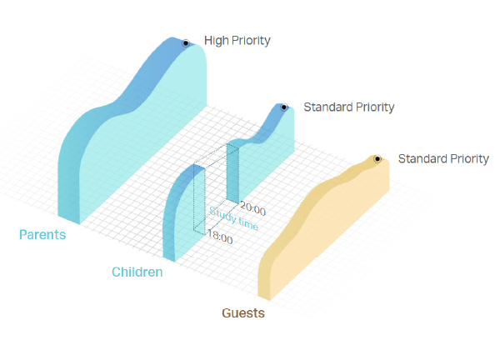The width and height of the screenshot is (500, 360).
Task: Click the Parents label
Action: [42, 234]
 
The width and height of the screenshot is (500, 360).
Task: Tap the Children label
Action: [137, 272]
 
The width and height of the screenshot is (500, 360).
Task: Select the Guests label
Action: [243, 312]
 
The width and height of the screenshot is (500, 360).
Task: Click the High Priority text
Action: [237, 41]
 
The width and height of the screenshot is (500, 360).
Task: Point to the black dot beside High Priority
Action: [186, 43]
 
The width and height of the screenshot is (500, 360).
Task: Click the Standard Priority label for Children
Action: [349, 107]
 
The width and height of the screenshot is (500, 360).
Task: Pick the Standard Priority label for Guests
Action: [443, 159]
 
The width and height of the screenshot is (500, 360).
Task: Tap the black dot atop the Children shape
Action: [284, 107]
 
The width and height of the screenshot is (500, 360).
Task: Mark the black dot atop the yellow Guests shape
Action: [377, 159]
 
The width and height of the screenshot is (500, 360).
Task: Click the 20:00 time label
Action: [252, 208]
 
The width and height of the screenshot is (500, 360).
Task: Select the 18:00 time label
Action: [220, 237]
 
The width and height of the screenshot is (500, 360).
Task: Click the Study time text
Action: [233, 218]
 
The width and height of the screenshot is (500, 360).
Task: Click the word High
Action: [217, 41]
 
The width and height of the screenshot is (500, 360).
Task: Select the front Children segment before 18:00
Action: [183, 213]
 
